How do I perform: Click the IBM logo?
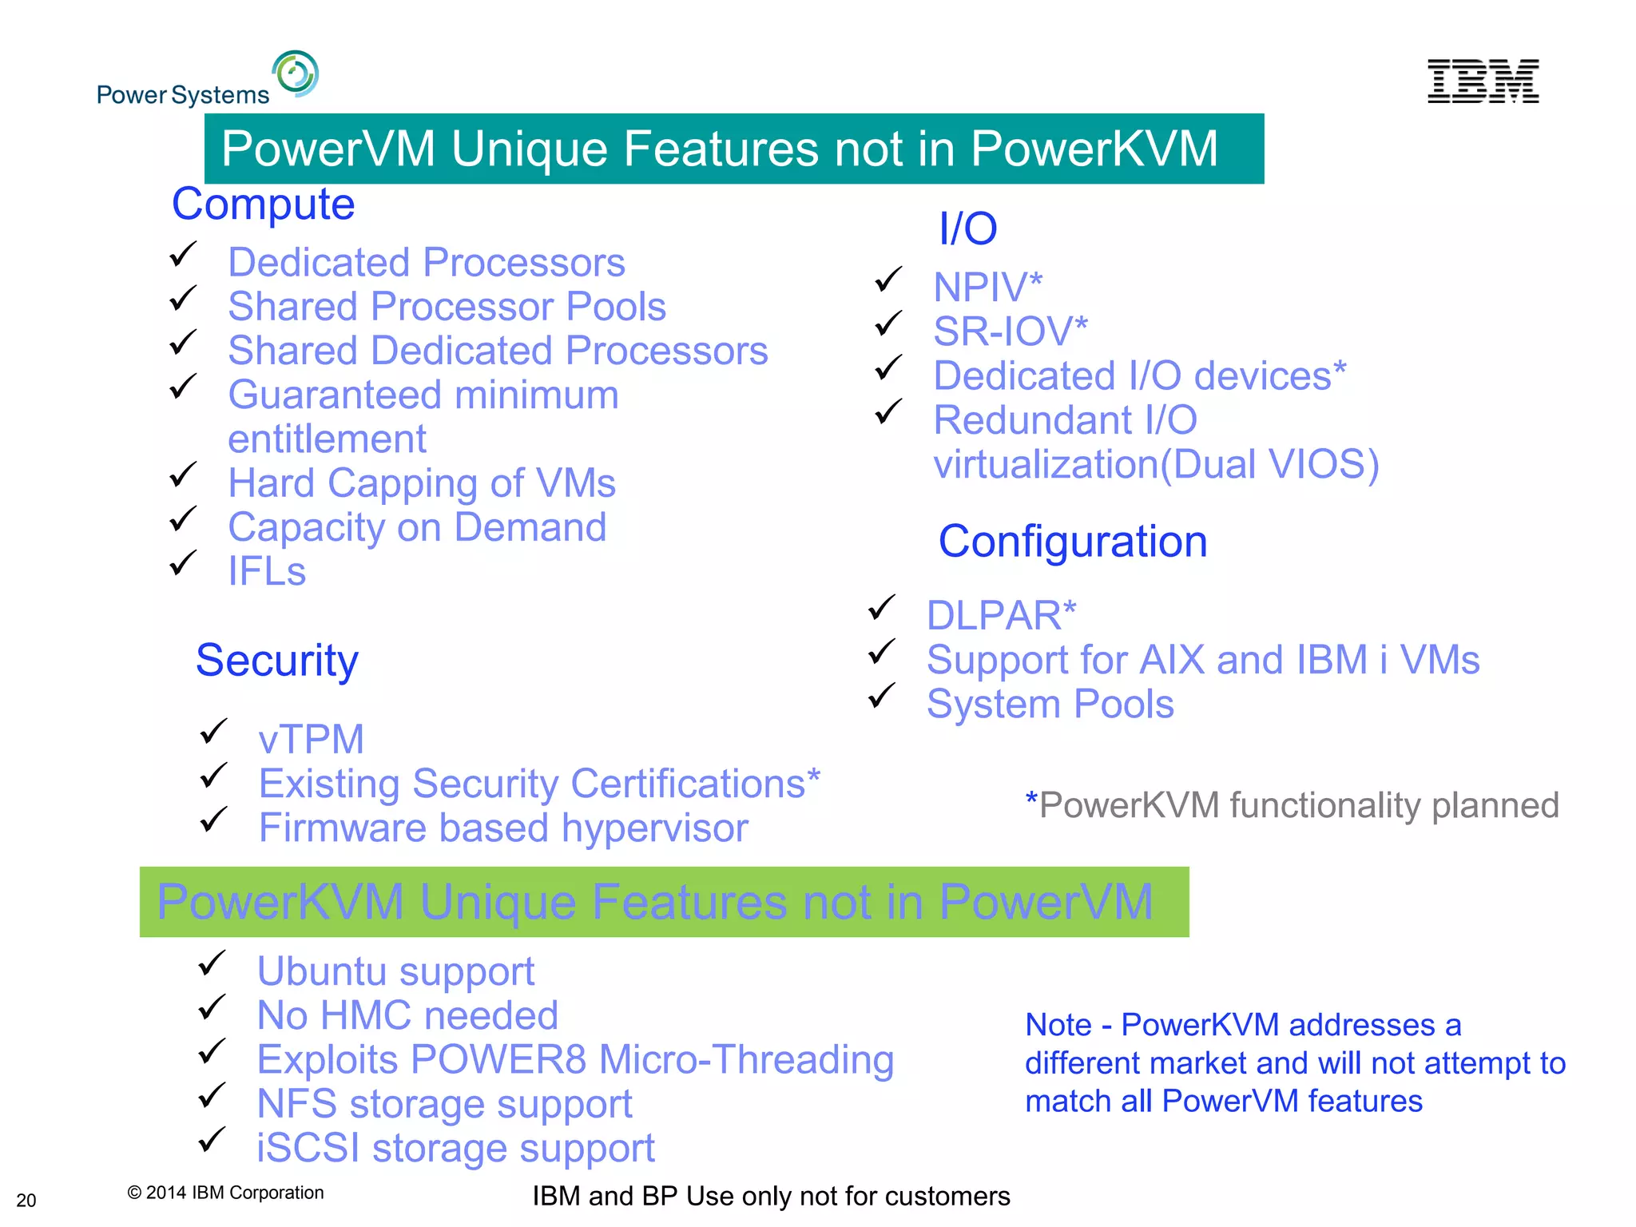[1483, 81]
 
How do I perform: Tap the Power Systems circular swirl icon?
[296, 73]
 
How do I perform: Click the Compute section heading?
[263, 204]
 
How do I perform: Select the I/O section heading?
[967, 229]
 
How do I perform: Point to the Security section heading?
[277, 661]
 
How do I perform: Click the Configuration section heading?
[1072, 542]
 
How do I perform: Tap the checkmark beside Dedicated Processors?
[183, 255]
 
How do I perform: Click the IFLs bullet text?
[267, 572]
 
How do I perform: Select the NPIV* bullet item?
[987, 288]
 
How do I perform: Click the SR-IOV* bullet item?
[1010, 332]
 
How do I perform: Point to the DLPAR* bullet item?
[1001, 616]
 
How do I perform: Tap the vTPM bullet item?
[311, 740]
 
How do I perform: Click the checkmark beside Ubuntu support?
[212, 963]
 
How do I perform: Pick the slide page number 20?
[26, 1200]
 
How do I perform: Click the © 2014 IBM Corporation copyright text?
[225, 1193]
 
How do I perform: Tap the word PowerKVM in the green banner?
[280, 903]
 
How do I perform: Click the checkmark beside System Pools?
[882, 696]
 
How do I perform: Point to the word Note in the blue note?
[1058, 1025]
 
